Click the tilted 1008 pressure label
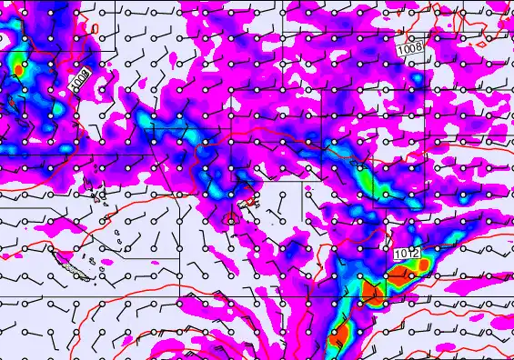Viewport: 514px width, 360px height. pos(80,82)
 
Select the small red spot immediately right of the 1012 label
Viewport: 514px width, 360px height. pos(424,265)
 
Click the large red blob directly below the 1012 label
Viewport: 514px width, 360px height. pos(373,293)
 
